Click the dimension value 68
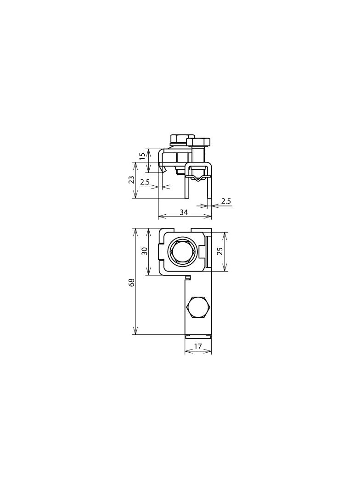click(x=132, y=282)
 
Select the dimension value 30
click(x=145, y=251)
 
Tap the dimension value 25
click(x=220, y=251)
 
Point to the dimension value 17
click(x=198, y=347)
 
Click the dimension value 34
click(x=184, y=212)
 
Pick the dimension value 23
click(x=131, y=180)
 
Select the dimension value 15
click(x=142, y=156)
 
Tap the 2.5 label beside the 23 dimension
click(x=145, y=182)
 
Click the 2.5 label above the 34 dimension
click(x=225, y=201)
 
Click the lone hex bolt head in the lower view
click(x=198, y=307)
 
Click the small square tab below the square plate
click(x=188, y=277)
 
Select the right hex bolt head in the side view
click(x=198, y=142)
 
